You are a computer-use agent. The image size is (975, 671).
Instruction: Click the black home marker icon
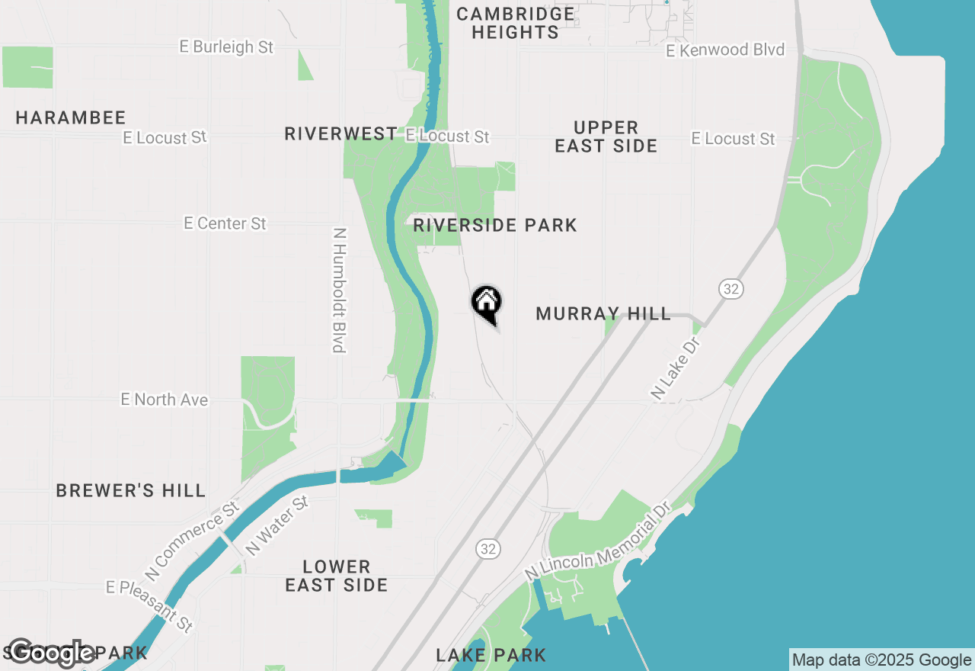(487, 303)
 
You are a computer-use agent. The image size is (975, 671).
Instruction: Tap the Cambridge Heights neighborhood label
(516, 23)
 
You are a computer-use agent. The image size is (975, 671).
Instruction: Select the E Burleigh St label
(226, 47)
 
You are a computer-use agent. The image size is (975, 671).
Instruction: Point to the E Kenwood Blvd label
(724, 50)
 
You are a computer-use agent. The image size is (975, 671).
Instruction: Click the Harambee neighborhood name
(71, 117)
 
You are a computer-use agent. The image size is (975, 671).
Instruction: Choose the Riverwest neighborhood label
(340, 134)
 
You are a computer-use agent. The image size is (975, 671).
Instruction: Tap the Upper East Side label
(606, 136)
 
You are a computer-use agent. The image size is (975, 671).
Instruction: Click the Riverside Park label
(495, 225)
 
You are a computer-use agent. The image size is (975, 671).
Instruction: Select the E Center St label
(225, 223)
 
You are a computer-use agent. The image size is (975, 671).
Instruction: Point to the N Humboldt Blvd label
(340, 290)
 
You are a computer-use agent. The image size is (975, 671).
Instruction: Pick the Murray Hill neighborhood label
(603, 313)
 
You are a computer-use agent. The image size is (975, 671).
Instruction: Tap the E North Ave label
(165, 400)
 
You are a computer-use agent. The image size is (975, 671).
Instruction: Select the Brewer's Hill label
(131, 490)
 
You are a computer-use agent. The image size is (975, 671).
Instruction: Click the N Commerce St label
(193, 539)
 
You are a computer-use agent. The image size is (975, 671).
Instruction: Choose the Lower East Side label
(337, 576)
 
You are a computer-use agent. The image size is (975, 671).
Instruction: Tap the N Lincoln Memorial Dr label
(597, 541)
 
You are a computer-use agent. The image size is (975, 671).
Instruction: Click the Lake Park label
(491, 655)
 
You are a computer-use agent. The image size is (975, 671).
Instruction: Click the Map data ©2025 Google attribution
(881, 660)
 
